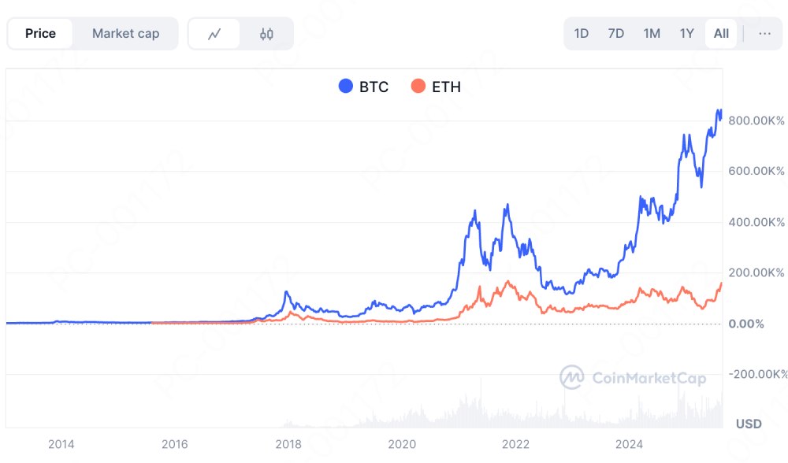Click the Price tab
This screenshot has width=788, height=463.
[x=40, y=33]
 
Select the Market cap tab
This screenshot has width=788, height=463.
[x=125, y=33]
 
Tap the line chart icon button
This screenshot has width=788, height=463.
[x=214, y=34]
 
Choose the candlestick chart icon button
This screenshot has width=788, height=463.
[x=266, y=34]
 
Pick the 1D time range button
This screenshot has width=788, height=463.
[x=582, y=33]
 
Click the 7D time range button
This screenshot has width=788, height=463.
[x=616, y=33]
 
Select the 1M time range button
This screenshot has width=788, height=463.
[x=652, y=33]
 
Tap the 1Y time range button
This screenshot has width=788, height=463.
[x=687, y=33]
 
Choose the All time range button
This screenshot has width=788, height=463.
[x=721, y=33]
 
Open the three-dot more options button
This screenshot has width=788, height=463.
[x=764, y=33]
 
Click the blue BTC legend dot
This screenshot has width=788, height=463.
[x=345, y=87]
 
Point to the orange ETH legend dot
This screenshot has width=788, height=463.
[x=418, y=87]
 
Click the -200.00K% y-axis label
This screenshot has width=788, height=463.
[x=755, y=374]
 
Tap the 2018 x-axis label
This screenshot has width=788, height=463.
[x=288, y=444]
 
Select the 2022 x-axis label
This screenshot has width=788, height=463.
[x=515, y=444]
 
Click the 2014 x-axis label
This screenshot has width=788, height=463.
[x=61, y=444]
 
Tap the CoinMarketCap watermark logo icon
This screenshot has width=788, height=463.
[x=571, y=377]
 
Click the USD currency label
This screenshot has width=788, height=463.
[x=749, y=424]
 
